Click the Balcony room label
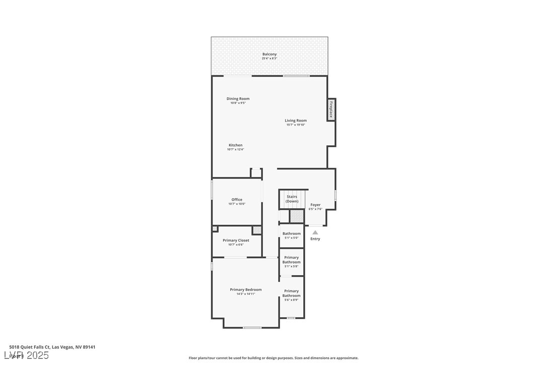(269, 54)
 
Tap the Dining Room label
(238, 99)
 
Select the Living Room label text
(296, 120)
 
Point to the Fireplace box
(331, 110)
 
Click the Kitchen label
(235, 145)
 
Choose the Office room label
(237, 200)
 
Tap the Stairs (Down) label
(292, 199)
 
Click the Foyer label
(315, 205)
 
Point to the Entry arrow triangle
(315, 232)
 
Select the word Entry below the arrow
(315, 239)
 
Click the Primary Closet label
(236, 240)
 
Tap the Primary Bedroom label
(246, 290)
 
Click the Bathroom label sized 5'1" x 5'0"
(292, 233)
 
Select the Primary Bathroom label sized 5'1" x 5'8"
(292, 260)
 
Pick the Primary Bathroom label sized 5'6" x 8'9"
(292, 293)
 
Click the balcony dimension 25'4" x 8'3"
(269, 58)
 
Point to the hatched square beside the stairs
(297, 216)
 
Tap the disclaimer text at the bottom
(273, 358)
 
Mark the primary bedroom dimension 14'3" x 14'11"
(246, 294)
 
